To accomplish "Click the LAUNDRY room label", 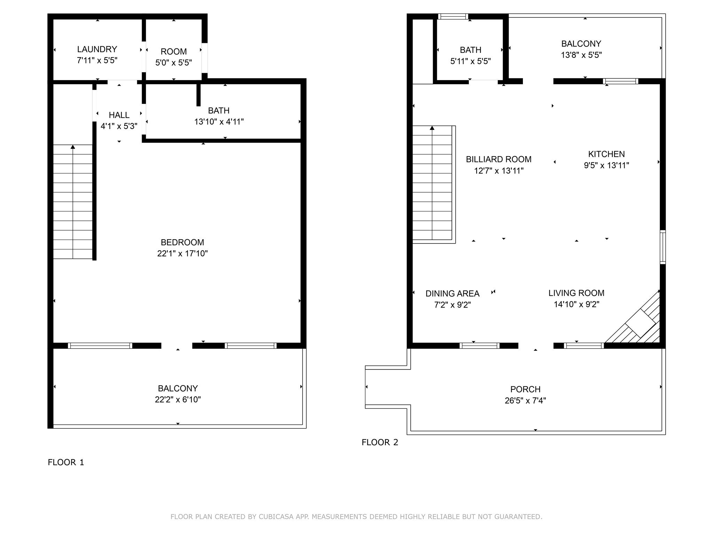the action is pyautogui.click(x=97, y=49).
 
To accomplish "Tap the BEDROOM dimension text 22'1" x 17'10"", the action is pyautogui.click(x=182, y=254).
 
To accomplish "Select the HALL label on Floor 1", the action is pyautogui.click(x=119, y=115).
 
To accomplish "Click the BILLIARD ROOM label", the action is pyautogui.click(x=499, y=159).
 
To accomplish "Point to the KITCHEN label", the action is pyautogui.click(x=606, y=154).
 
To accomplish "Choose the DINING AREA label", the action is pyautogui.click(x=453, y=294).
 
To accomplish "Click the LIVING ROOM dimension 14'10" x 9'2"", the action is pyautogui.click(x=577, y=304).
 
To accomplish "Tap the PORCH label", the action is pyautogui.click(x=525, y=389).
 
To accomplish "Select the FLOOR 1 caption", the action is pyautogui.click(x=66, y=462).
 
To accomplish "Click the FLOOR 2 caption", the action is pyautogui.click(x=380, y=442).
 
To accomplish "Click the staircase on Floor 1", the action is pyautogui.click(x=73, y=202).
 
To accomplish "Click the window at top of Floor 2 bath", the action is pyautogui.click(x=453, y=16).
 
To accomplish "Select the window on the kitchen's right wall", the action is pyautogui.click(x=663, y=247).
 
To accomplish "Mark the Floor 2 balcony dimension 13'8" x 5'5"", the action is pyautogui.click(x=581, y=55).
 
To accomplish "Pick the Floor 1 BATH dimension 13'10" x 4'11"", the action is pyautogui.click(x=219, y=122).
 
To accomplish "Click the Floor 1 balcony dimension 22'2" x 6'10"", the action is pyautogui.click(x=178, y=400).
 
